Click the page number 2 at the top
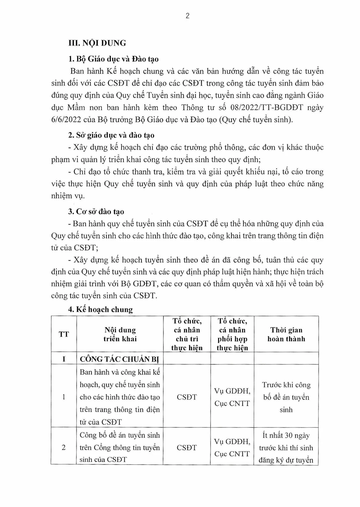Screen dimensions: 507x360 187,16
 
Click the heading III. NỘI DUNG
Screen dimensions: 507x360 97,43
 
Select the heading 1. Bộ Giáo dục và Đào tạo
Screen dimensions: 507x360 113,59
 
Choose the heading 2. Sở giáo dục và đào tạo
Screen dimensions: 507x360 111,135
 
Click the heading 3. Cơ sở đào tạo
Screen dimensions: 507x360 96,212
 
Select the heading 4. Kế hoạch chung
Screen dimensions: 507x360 100,310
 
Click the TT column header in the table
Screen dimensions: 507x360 64,334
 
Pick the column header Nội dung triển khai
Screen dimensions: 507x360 120,334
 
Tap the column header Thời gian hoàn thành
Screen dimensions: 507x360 286,334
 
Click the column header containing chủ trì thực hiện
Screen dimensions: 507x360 187,334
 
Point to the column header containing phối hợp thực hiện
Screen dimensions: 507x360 232,334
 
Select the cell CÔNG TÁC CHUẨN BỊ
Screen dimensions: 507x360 120,359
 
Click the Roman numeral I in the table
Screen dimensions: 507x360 64,359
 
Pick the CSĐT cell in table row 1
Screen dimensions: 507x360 187,397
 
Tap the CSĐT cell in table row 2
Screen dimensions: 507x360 187,448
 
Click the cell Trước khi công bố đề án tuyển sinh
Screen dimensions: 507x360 286,397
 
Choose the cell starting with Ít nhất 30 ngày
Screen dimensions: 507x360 286,448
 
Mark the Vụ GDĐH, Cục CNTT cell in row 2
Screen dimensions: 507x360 232,448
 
